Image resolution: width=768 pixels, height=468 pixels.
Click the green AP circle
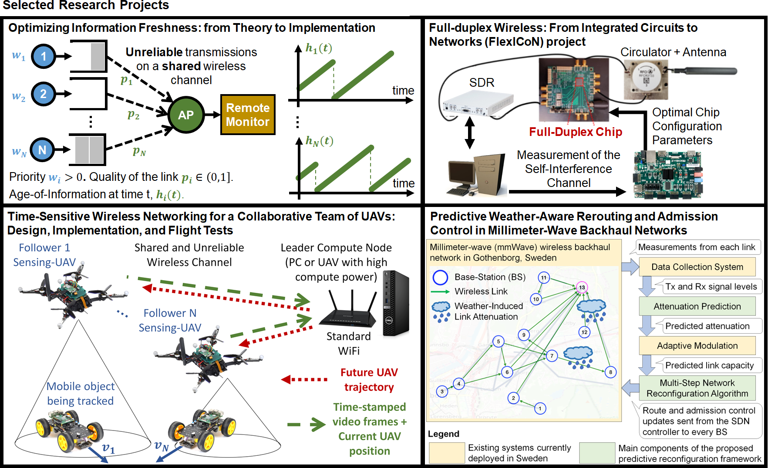pyautogui.click(x=186, y=115)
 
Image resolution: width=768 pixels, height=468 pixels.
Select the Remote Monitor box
pyautogui.click(x=248, y=115)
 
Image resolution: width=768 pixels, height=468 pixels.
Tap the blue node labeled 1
pyautogui.click(x=44, y=56)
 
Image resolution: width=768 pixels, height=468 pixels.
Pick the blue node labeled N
pyautogui.click(x=42, y=150)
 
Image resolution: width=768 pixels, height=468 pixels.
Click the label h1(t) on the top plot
pyautogui.click(x=319, y=48)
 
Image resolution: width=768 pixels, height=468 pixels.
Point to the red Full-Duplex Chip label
pyautogui.click(x=575, y=132)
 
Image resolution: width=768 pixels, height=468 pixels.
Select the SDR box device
pyautogui.click(x=477, y=104)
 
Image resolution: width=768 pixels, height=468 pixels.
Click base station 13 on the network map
pyautogui.click(x=582, y=288)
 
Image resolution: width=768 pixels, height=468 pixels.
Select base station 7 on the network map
pyautogui.click(x=552, y=356)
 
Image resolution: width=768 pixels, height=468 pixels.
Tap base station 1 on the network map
pyautogui.click(x=540, y=409)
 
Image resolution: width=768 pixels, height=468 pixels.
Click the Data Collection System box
pyautogui.click(x=697, y=267)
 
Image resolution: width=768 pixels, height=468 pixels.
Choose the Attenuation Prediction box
pyautogui.click(x=697, y=306)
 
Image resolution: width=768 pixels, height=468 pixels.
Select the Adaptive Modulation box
pyautogui.click(x=697, y=346)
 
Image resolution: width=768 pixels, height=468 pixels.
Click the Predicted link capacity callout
pyautogui.click(x=709, y=365)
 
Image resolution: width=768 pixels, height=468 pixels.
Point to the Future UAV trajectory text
pyautogui.click(x=369, y=380)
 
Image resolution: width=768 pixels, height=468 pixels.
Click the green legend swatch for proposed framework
pyautogui.click(x=597, y=453)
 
